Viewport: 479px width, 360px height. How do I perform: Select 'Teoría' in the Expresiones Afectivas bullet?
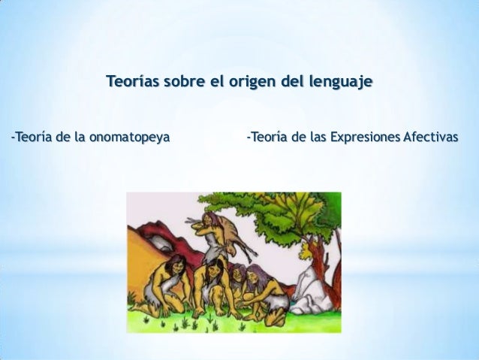coord(267,138)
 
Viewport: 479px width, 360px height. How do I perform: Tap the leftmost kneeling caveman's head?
coord(176,264)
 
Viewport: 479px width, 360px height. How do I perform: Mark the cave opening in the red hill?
coord(159,242)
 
